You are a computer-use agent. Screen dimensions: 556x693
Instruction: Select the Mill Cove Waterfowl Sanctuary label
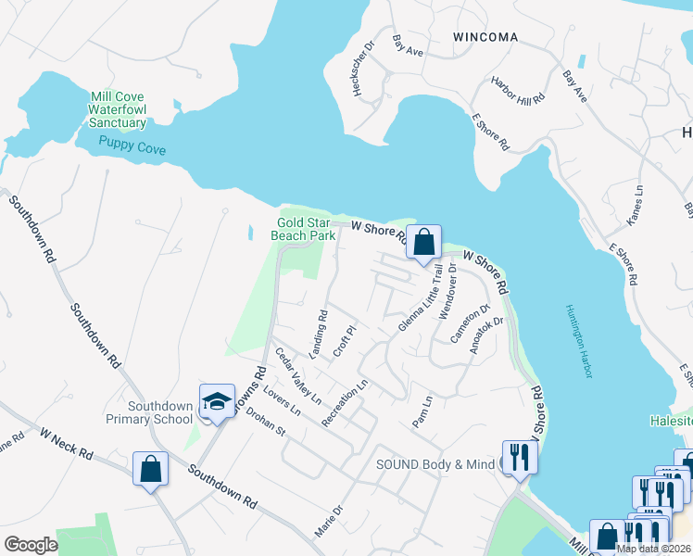118,109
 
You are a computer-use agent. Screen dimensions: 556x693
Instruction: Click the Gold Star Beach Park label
302,228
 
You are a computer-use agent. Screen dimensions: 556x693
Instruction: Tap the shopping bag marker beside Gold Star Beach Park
423,243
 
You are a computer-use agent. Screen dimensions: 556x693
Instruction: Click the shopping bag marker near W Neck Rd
150,469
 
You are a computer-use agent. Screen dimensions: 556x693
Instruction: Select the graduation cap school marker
217,401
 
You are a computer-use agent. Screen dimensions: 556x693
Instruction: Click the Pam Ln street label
422,412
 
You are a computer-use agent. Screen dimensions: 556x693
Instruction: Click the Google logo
31,544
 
